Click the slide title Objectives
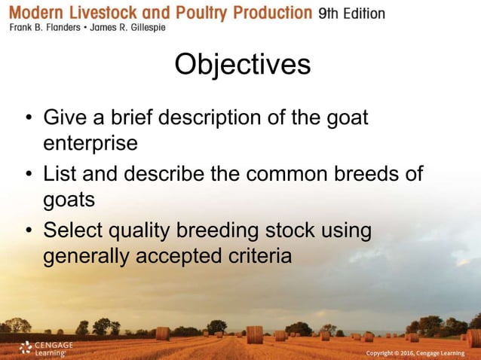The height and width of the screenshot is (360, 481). click(x=242, y=65)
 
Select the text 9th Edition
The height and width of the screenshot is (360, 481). click(x=351, y=13)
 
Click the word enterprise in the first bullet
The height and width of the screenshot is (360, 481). click(x=90, y=143)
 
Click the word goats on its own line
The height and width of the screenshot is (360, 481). click(x=69, y=200)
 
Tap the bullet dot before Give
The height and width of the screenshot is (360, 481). click(x=28, y=119)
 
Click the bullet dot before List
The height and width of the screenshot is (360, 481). click(x=28, y=175)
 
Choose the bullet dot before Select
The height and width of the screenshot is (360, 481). click(x=28, y=231)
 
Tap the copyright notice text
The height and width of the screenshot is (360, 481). click(x=415, y=353)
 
